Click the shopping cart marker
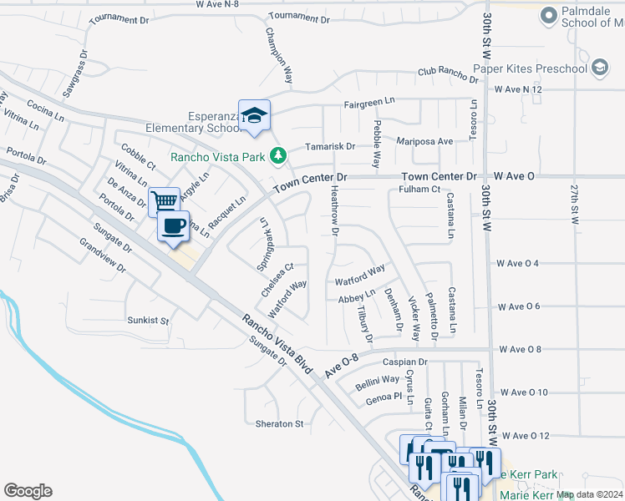pyautogui.click(x=164, y=201)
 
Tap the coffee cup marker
pyautogui.click(x=173, y=226)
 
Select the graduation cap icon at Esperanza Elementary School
pyautogui.click(x=254, y=114)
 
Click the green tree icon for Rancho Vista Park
pyautogui.click(x=283, y=155)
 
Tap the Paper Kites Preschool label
pyautogui.click(x=530, y=68)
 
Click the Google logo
pyautogui.click(x=28, y=491)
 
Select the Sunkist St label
pyautogui.click(x=148, y=321)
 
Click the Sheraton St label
pyautogui.click(x=279, y=424)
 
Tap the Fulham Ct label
pyautogui.click(x=419, y=190)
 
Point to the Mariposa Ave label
pyautogui.click(x=424, y=142)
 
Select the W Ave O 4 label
pyautogui.click(x=517, y=264)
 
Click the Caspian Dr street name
pyautogui.click(x=404, y=362)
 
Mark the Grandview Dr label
pyautogui.click(x=101, y=256)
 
